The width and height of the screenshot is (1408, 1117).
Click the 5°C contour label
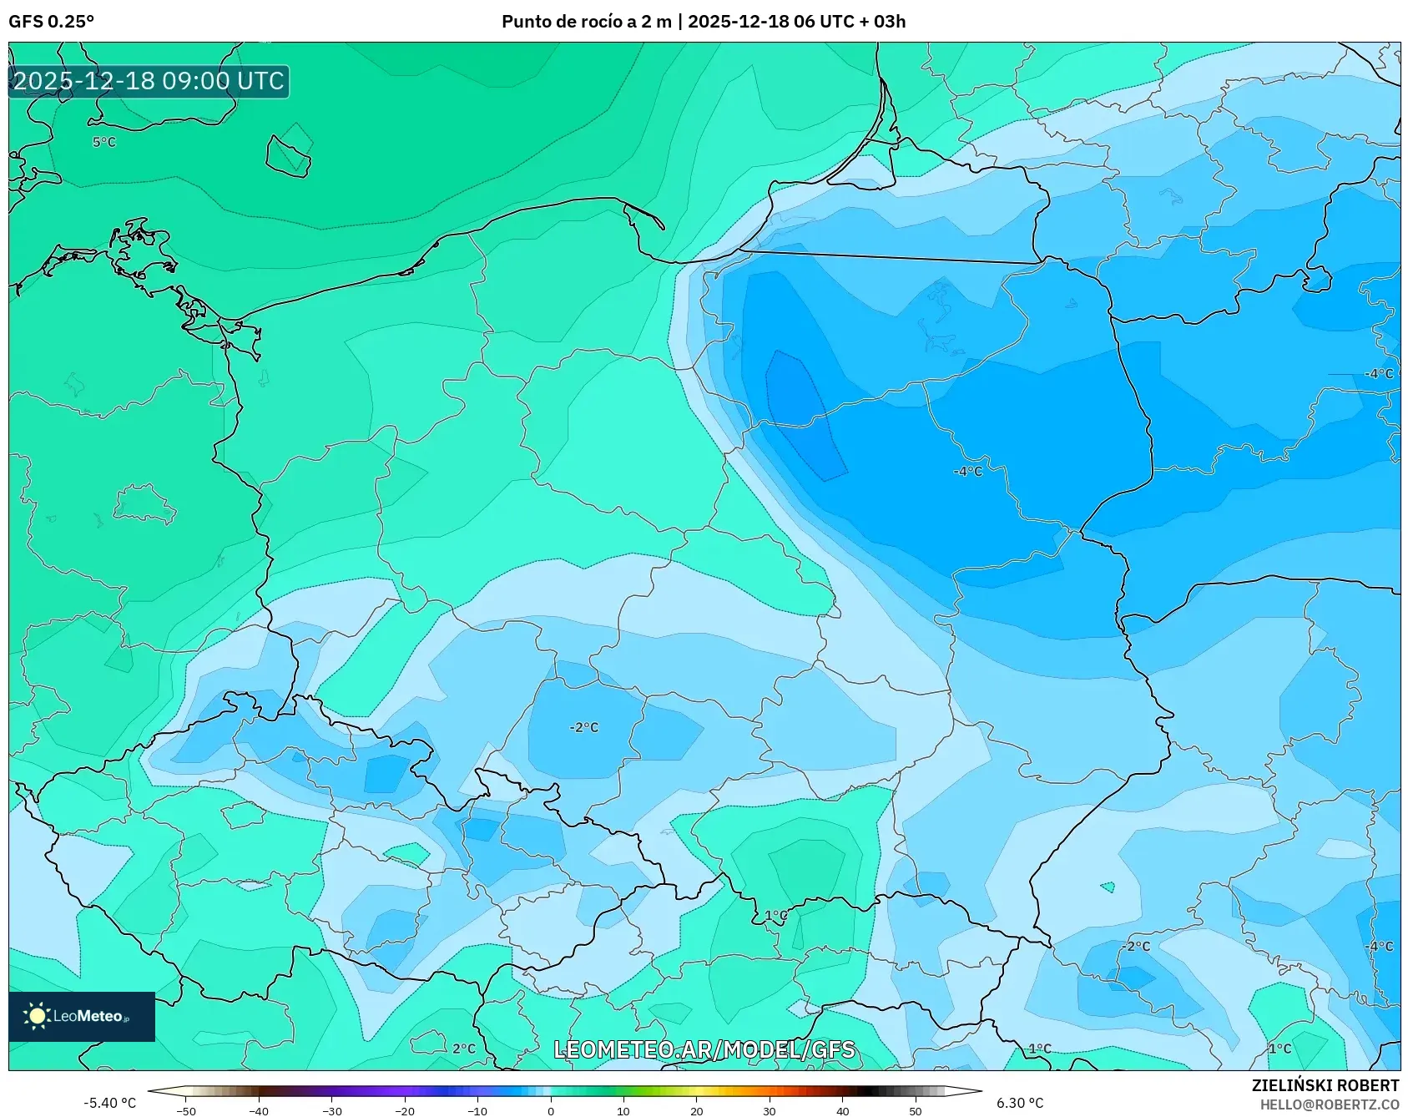104,143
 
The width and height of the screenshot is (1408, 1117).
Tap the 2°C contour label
464,1049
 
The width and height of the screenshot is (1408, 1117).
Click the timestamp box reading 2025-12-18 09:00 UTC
149,81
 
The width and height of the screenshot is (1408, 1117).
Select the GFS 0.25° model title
51,22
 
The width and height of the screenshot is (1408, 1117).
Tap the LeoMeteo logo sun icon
36,1016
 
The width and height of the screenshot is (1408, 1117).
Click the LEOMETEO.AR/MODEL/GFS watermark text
704,1049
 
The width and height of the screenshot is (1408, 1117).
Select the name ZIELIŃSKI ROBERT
1325,1085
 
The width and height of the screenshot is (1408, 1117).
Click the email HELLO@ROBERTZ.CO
1329,1104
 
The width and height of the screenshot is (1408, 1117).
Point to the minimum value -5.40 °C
109,1103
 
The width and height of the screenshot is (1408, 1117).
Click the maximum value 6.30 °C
1019,1103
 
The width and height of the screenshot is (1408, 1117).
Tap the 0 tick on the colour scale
550,1110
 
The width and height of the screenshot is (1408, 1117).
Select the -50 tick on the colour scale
186,1110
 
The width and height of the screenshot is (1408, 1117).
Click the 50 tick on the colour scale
915,1110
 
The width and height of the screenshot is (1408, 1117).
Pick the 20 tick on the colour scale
696,1110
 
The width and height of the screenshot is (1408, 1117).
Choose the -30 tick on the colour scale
332,1110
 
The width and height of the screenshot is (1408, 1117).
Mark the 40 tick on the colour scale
842,1110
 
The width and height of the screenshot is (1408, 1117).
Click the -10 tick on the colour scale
477,1110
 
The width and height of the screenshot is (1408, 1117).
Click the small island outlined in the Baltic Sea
289,153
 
